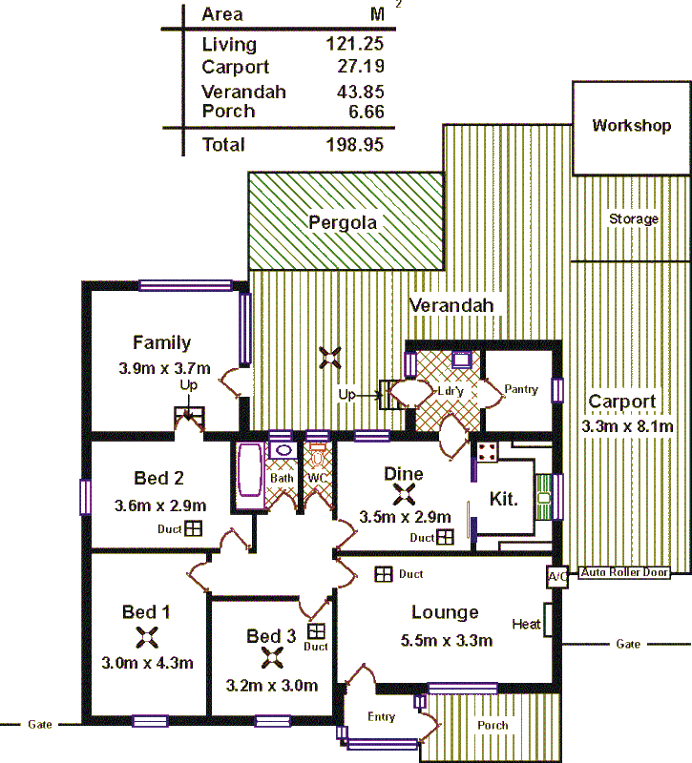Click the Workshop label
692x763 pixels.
tap(631, 126)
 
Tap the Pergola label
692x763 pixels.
tap(343, 223)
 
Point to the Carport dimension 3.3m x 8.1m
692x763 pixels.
tap(627, 426)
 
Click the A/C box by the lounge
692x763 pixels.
tap(556, 577)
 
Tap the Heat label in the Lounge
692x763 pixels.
tap(526, 625)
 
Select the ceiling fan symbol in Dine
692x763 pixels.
tap(405, 494)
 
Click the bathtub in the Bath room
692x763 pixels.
tap(250, 470)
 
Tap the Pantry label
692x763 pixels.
tap(522, 389)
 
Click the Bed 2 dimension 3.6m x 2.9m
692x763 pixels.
tap(160, 505)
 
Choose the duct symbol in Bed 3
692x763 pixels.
tap(315, 630)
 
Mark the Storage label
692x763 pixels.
tap(634, 219)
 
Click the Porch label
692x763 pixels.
tap(493, 726)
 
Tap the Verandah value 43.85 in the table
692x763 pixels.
tap(356, 93)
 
